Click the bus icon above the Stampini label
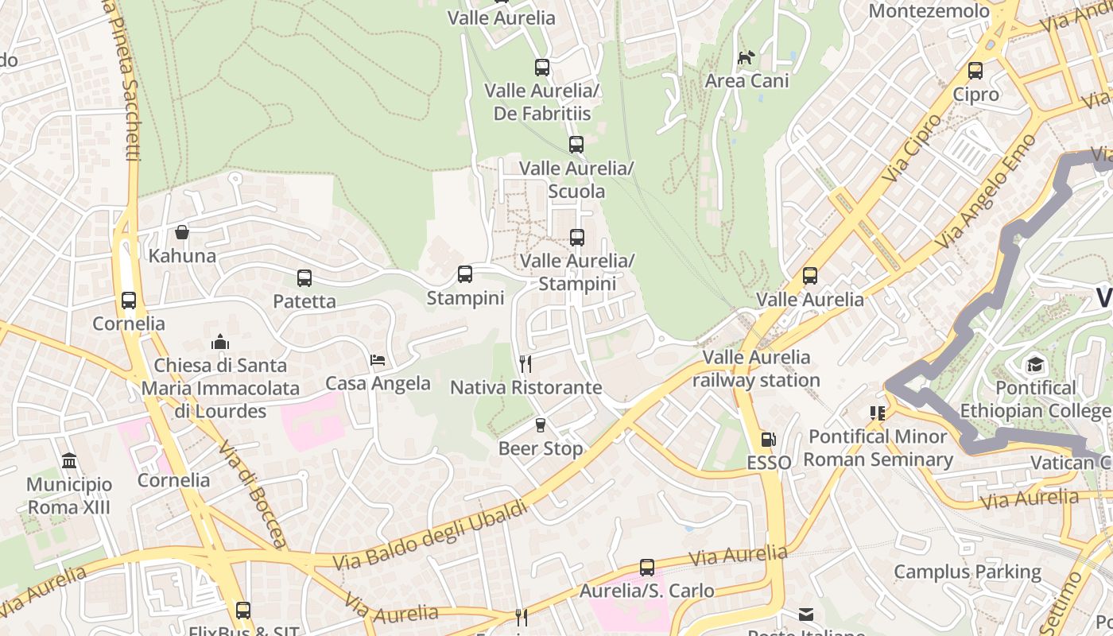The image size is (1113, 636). (x=465, y=274)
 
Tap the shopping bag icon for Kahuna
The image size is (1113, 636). (x=182, y=232)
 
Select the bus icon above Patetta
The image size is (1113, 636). (x=304, y=278)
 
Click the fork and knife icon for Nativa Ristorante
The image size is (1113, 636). (x=525, y=364)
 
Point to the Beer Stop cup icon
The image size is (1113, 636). (x=541, y=425)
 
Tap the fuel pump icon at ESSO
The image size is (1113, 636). (x=768, y=439)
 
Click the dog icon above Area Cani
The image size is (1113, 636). (x=746, y=57)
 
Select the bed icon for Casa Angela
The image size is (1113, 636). (x=378, y=360)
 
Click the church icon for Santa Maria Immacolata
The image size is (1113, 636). (x=220, y=342)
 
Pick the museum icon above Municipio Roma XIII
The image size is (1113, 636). (x=69, y=461)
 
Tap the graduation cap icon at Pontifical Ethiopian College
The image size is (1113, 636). (x=1034, y=364)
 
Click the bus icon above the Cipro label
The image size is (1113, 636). (x=975, y=71)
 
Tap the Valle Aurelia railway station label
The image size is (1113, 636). (x=755, y=369)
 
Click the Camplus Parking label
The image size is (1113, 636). (x=967, y=572)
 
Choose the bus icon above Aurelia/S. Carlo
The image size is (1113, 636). (x=647, y=568)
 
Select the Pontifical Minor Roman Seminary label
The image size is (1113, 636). (x=878, y=448)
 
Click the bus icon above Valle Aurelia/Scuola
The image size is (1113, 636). (x=576, y=145)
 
